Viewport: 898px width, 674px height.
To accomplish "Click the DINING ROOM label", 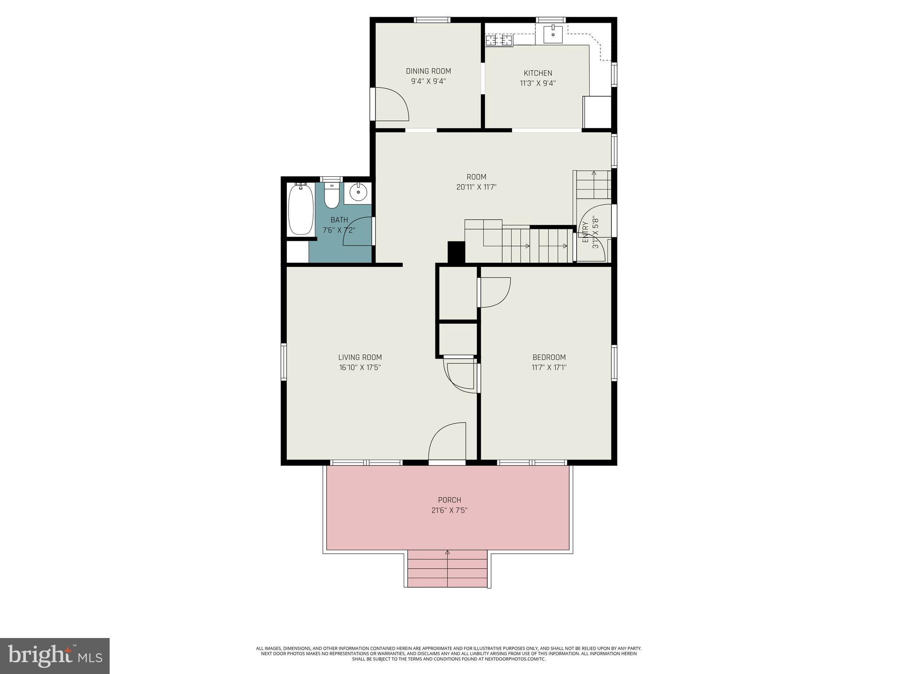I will tap(428, 71).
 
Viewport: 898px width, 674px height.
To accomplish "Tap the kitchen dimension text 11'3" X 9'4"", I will tap(538, 83).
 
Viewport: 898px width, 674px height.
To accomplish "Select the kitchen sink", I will tap(553, 34).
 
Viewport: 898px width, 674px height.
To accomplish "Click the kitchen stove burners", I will tap(499, 41).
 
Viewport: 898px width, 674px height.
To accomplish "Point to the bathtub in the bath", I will tap(300, 210).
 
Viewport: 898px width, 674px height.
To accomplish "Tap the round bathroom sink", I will tap(358, 192).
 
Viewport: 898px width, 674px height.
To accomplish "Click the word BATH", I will tap(339, 220).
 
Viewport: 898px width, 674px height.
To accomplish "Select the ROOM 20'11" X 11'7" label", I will tap(476, 182).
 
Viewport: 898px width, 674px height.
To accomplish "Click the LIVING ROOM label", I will tap(360, 357).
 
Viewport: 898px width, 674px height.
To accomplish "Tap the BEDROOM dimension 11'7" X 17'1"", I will tap(549, 367).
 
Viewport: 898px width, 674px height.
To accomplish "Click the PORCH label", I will tap(449, 500).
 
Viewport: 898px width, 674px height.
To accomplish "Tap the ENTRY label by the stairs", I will tap(585, 233).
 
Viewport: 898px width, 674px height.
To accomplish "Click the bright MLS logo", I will tap(55, 656).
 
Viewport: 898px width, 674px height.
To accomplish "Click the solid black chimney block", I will tap(456, 252).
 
